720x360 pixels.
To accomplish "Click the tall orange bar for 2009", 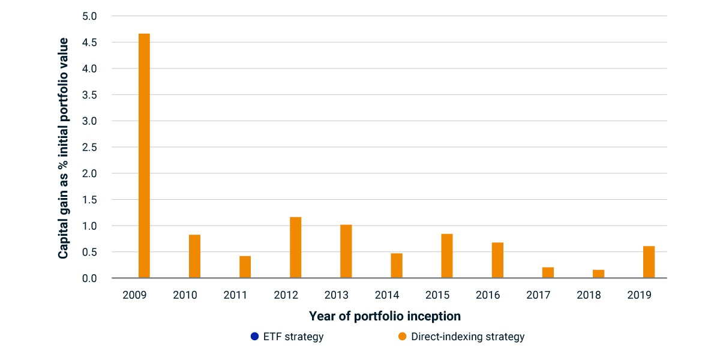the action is coord(144,155).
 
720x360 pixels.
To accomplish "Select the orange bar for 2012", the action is coord(295,247).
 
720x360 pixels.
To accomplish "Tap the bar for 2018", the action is coord(599,274).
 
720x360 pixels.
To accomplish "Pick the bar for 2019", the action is coord(649,262).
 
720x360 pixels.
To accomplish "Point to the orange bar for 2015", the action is coord(447,256).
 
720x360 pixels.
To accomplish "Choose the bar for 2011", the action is coord(245,267).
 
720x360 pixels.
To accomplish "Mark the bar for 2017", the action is coord(548,272).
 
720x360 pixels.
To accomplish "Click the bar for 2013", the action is coord(346,251).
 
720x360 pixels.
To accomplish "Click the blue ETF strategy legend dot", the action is coord(254,336).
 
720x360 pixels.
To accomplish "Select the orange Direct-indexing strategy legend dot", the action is coord(402,336).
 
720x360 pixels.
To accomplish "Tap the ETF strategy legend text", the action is coord(293,337).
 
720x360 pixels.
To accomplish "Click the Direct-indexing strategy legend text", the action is coord(467,337).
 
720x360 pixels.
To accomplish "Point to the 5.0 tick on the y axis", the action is coord(89,16).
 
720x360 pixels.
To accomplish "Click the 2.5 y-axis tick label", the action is coord(89,147).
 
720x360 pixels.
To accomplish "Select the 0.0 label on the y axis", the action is coord(89,278).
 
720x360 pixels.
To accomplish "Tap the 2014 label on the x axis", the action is coord(386,295).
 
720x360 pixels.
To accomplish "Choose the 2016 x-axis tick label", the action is coord(488,295).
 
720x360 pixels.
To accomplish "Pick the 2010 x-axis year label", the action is coord(185,295).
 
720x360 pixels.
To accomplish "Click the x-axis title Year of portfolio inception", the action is coord(385,316).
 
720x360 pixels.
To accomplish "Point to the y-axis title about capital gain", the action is coord(63,148).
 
